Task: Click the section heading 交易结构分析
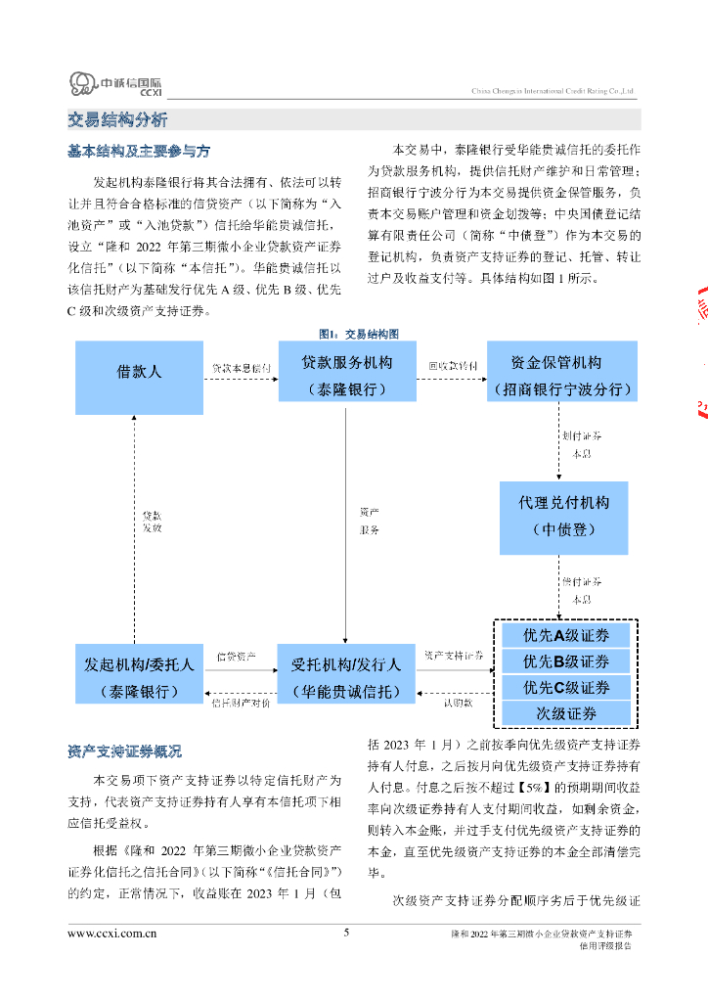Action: [117, 120]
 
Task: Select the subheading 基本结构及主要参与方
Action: [138, 152]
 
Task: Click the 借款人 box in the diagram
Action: [139, 373]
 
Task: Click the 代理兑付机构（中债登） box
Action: [562, 516]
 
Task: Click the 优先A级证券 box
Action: [565, 636]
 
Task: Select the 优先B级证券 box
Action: [565, 661]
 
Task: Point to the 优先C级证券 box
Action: [565, 687]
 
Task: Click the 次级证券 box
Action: [565, 713]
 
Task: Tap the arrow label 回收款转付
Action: [453, 366]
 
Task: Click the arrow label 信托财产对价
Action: [241, 703]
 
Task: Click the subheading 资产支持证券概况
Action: [124, 752]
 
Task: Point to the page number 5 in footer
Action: [346, 933]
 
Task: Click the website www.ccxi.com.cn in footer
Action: [112, 934]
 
